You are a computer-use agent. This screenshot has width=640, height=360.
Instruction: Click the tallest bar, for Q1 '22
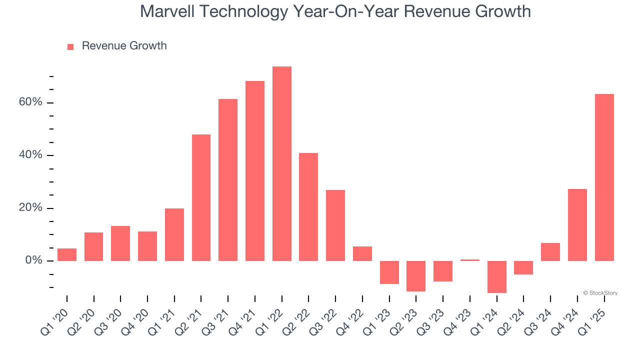tap(281, 163)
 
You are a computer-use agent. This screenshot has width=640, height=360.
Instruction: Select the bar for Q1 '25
tap(604, 177)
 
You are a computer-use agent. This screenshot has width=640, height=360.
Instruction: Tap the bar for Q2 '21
tap(201, 197)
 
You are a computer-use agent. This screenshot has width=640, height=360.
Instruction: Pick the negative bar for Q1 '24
tap(496, 276)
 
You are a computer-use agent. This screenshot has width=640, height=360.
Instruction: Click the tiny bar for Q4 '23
tap(469, 260)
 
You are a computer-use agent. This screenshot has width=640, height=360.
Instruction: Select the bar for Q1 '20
tap(66, 254)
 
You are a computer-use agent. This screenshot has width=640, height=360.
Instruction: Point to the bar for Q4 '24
tap(577, 225)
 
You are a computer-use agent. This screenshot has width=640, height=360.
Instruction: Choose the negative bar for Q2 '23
tap(416, 276)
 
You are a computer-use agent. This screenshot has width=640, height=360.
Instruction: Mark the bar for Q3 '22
tap(335, 225)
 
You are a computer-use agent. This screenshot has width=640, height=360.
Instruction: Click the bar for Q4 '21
tap(254, 171)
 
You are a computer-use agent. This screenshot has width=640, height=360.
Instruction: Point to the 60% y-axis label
tap(30, 102)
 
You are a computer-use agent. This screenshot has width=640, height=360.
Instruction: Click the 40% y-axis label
tap(30, 155)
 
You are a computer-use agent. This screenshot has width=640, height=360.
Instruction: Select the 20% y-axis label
tap(30, 208)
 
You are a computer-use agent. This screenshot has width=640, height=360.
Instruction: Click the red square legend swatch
tap(70, 46)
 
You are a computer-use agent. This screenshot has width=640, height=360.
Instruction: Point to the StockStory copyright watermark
tap(600, 293)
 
